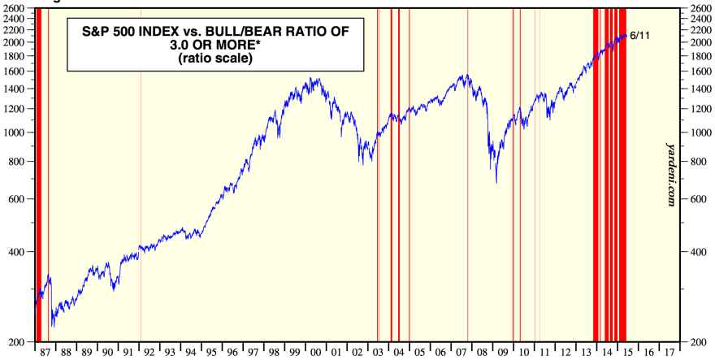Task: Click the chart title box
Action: [x=214, y=45]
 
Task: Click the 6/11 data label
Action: [x=639, y=36]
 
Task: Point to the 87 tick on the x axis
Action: [x=45, y=353]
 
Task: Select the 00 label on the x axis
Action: [x=316, y=353]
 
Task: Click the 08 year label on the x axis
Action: [x=483, y=353]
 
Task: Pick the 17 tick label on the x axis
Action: [x=668, y=353]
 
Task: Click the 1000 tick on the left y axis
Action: [x=14, y=132]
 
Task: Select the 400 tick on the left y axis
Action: [x=17, y=252]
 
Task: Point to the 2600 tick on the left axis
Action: [x=14, y=8]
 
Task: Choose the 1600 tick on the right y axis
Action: [x=701, y=72]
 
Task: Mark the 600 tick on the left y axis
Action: [x=17, y=199]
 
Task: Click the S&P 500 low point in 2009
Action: [x=496, y=182]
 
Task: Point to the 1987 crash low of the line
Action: [x=53, y=326]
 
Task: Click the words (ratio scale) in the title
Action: [x=214, y=59]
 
